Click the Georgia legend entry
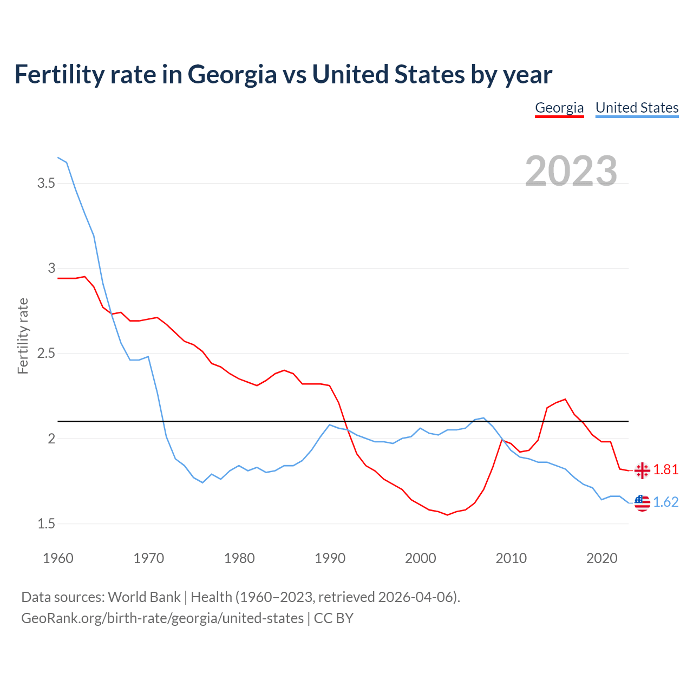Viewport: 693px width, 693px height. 559,108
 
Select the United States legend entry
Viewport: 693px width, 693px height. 637,108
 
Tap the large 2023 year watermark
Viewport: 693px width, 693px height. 571,171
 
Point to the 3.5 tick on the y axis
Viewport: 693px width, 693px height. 46,184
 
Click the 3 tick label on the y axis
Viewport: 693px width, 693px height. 52,268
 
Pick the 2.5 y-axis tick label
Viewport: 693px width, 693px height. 46,354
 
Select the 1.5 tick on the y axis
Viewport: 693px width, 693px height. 46,524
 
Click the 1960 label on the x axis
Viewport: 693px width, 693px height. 58,558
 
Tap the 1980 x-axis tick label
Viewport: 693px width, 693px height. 239,558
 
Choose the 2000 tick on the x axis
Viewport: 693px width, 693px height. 421,558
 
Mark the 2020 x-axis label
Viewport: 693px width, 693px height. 602,558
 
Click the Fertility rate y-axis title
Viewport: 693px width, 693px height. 23,336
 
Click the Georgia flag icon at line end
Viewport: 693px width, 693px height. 642,470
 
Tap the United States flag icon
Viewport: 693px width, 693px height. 642,503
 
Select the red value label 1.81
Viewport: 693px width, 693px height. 666,470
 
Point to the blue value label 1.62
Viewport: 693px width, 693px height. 666,502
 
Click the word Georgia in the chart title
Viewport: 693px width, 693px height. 232,75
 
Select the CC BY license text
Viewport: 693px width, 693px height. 334,618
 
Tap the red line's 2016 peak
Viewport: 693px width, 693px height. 565,399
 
